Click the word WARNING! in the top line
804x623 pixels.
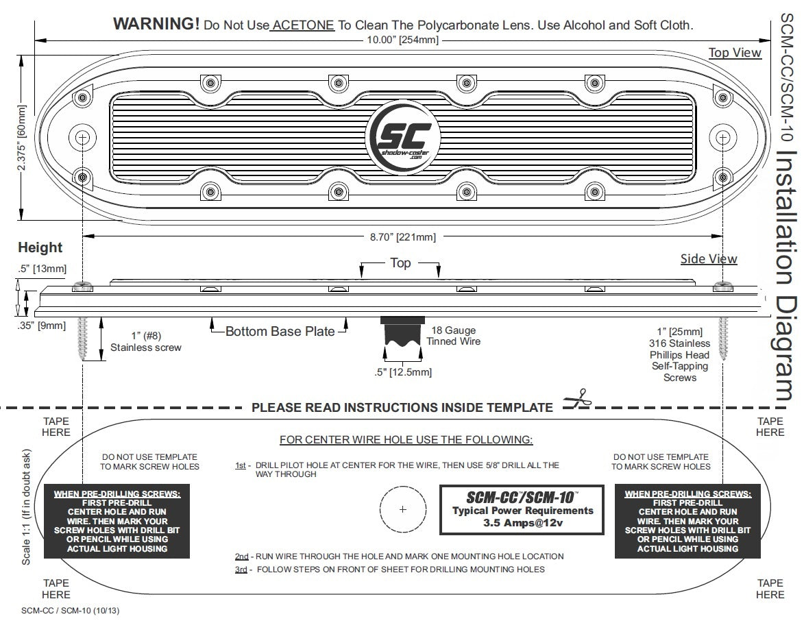point(156,24)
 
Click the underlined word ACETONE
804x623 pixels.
point(302,25)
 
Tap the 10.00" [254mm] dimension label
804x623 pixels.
point(403,40)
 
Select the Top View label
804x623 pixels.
point(735,53)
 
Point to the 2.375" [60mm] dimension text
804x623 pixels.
point(23,138)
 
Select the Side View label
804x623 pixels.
point(709,259)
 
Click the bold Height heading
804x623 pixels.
point(40,247)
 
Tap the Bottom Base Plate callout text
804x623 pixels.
point(280,332)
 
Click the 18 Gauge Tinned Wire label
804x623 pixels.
point(454,336)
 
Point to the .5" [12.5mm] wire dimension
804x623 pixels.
point(403,372)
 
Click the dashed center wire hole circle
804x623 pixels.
point(402,509)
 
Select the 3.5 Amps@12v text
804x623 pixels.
point(522,524)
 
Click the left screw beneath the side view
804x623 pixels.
point(84,337)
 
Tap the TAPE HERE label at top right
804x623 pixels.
point(770,427)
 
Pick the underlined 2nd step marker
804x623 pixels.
point(241,557)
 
